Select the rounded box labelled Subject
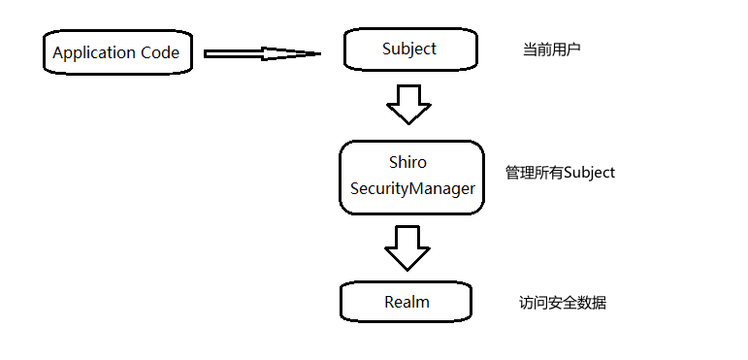click(408, 49)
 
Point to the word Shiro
click(407, 162)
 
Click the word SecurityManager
click(412, 188)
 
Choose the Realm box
click(407, 302)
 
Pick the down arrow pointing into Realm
click(407, 248)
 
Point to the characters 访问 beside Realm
click(534, 303)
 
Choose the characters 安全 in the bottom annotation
click(563, 303)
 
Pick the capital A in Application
click(58, 52)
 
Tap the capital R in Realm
click(390, 302)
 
